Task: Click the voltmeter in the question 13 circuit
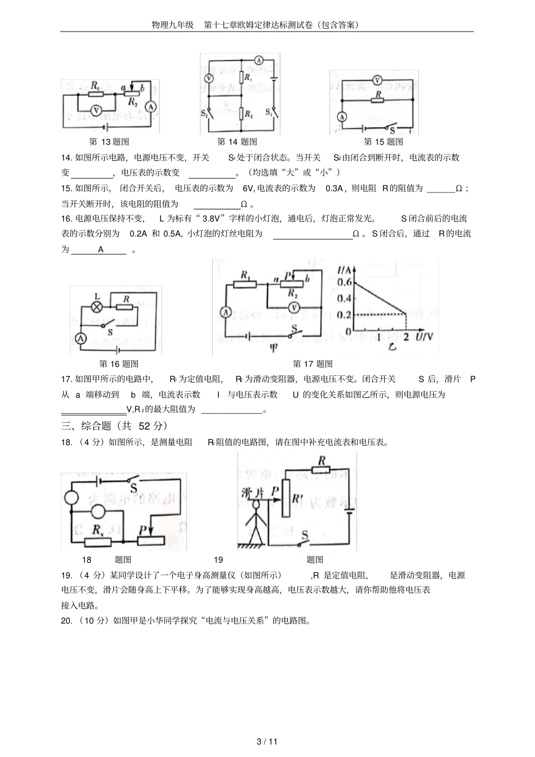coord(96,111)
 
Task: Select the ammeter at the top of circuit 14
coord(258,60)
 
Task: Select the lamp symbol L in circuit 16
coord(97,307)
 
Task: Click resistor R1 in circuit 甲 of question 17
coord(246,284)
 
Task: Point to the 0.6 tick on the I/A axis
coord(344,283)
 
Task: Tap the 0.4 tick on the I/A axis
coord(344,298)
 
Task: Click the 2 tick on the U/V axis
coord(407,337)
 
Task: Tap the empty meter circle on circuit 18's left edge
coord(72,498)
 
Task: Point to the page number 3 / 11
coord(267,741)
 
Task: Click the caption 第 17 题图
coord(313,364)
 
